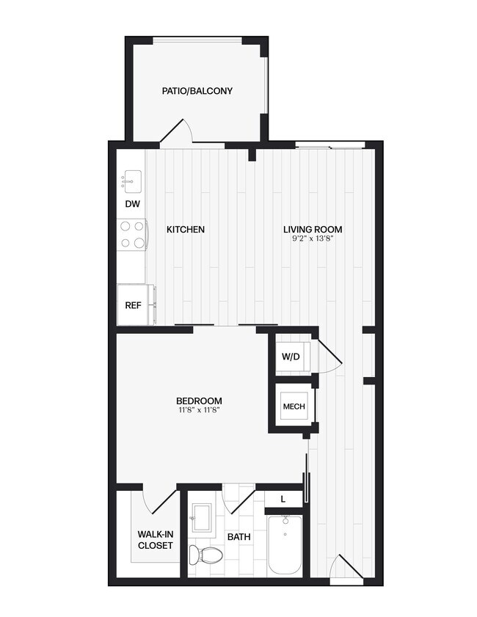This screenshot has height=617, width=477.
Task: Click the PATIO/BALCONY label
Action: [197, 91]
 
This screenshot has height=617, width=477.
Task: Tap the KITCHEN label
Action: [185, 230]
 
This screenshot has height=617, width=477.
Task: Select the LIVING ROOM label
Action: [313, 230]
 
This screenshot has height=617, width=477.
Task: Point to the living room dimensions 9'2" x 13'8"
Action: [313, 239]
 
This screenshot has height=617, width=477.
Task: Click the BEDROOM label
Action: [199, 401]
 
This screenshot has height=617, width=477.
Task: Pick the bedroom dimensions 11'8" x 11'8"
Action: [199, 410]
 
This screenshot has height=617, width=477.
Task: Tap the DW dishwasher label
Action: [133, 205]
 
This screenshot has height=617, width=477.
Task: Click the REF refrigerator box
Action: [133, 304]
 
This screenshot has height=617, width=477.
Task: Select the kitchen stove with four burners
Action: [133, 236]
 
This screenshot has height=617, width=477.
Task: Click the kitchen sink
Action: [133, 178]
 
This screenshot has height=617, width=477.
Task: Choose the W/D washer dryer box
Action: [291, 357]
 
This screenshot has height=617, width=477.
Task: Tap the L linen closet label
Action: [284, 499]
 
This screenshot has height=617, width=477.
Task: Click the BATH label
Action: [238, 537]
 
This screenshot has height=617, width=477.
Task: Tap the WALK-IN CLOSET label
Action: [155, 540]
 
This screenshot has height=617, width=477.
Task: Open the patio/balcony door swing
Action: [178, 132]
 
